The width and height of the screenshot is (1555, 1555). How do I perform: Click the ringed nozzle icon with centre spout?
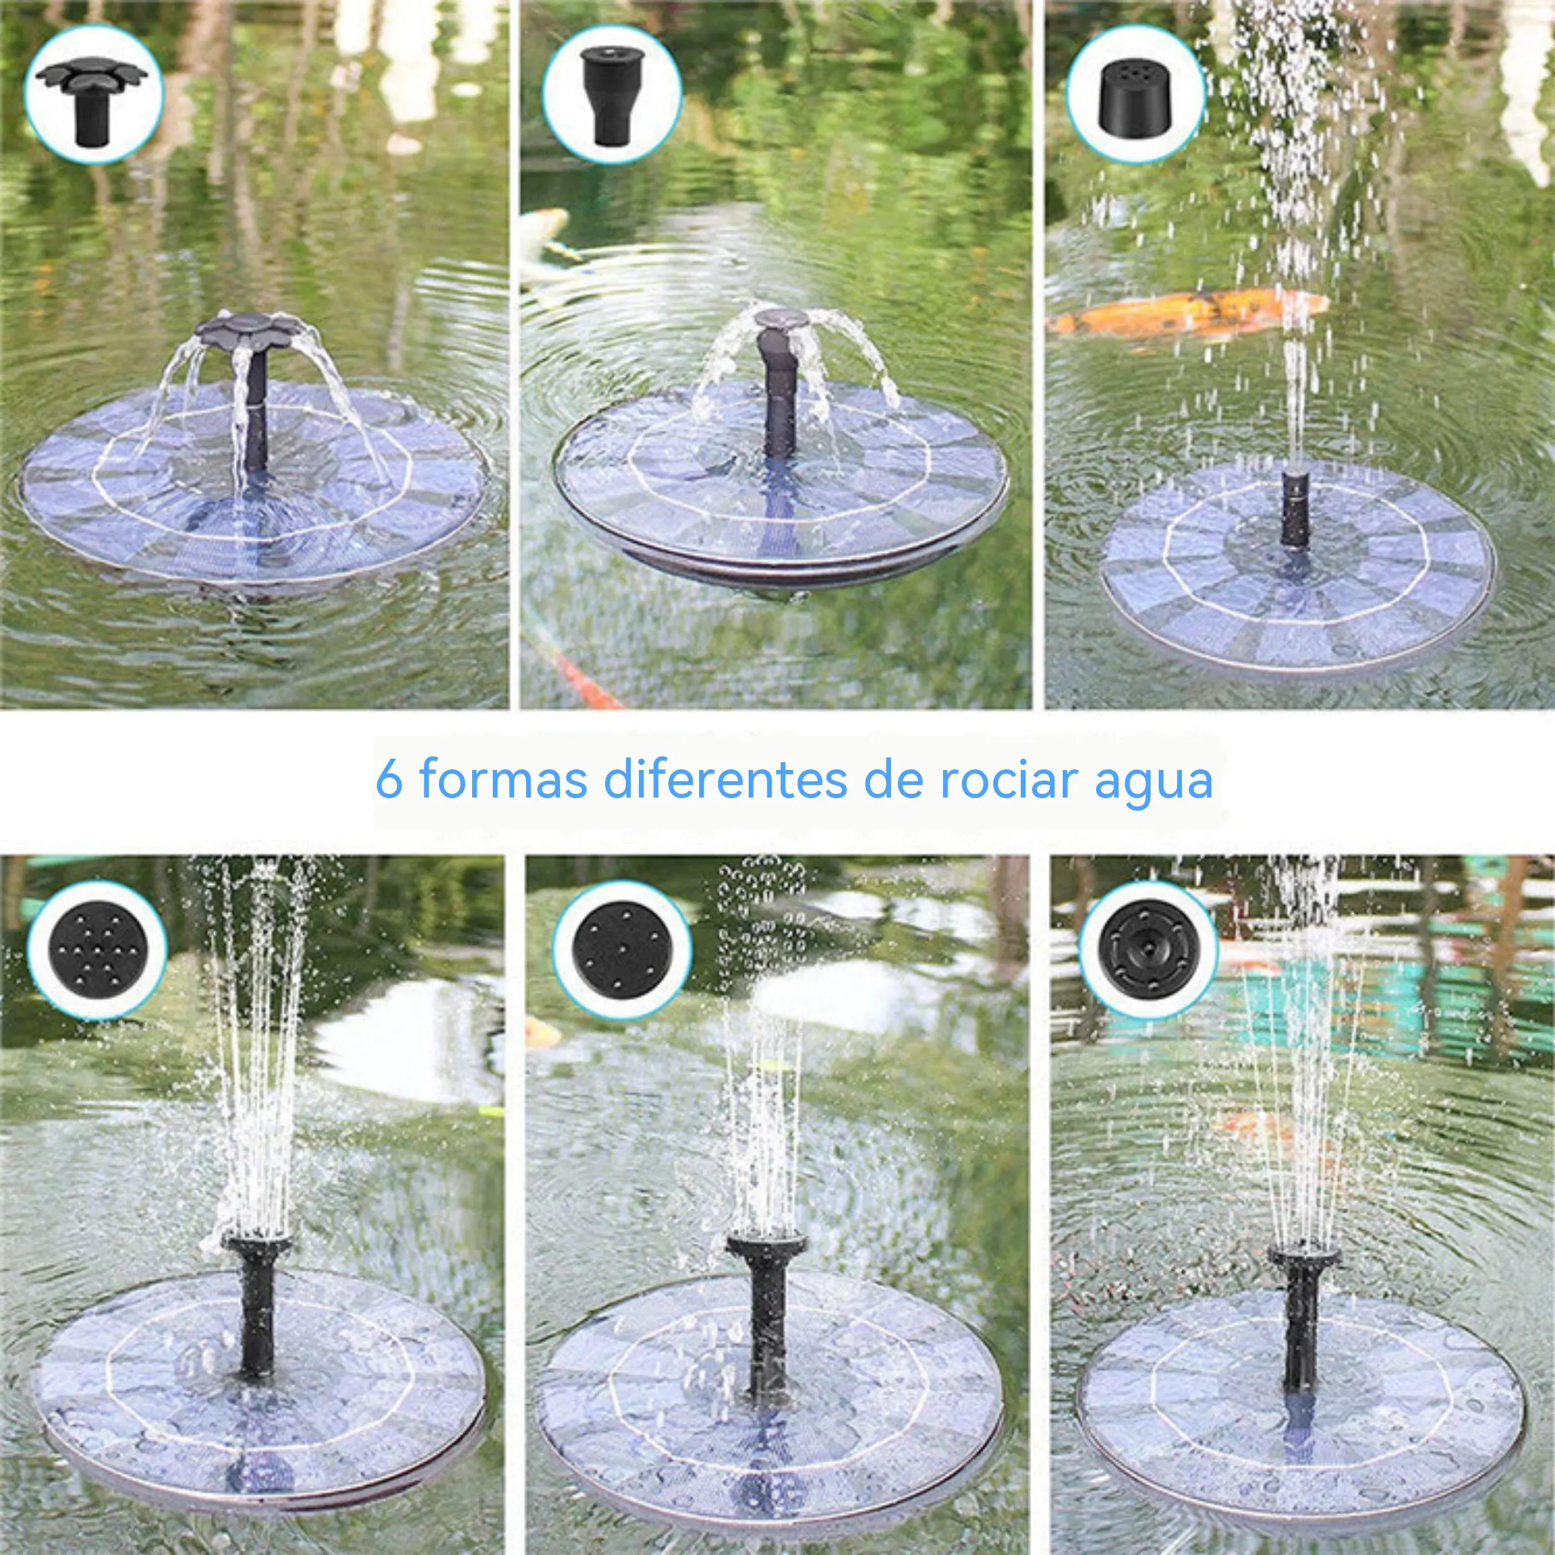pyautogui.click(x=1147, y=951)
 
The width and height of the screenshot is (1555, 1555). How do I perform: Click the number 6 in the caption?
pyautogui.click(x=389, y=780)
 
